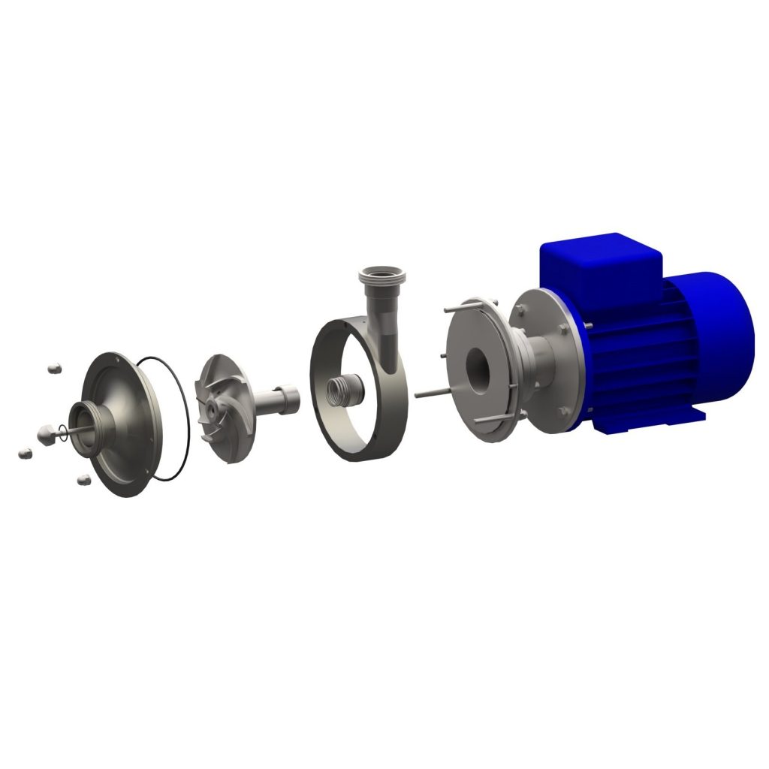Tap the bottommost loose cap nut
pos(83,478)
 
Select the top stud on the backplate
pos(458,308)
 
